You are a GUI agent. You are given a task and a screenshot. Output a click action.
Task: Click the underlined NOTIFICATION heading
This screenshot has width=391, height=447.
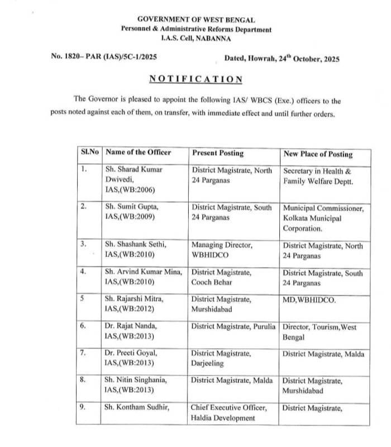[195, 79]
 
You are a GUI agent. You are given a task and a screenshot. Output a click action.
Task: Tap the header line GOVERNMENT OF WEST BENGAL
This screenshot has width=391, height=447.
[196, 20]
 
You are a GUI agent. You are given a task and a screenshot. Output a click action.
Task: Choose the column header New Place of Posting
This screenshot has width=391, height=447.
[318, 154]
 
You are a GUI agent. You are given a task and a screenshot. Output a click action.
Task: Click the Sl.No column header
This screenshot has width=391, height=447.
[89, 152]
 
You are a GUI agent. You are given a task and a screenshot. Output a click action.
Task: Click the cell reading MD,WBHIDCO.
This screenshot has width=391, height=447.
[309, 300]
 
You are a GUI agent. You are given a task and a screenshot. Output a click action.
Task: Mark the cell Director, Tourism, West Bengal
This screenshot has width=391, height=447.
[322, 331]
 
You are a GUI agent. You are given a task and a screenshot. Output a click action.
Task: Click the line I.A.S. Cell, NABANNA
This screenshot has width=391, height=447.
[195, 38]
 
